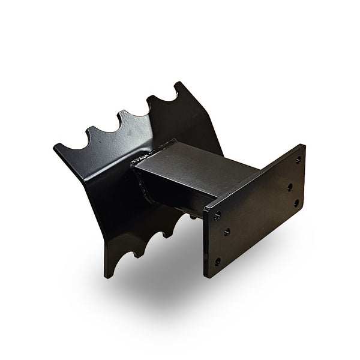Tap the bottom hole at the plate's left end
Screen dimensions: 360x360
pos(217,261)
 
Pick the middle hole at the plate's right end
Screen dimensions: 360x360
pos(290,187)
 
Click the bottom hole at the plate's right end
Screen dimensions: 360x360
pos(294,203)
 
